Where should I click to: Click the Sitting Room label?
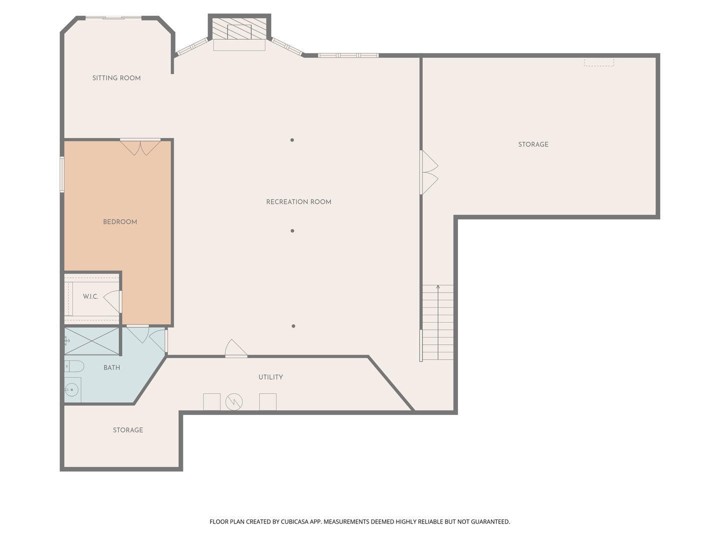click(116, 78)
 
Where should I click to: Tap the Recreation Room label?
click(298, 202)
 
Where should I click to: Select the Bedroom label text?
click(120, 222)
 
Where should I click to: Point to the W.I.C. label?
click(90, 296)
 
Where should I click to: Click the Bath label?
click(112, 368)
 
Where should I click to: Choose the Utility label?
click(270, 377)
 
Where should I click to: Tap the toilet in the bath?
click(74, 366)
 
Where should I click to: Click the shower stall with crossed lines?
click(92, 341)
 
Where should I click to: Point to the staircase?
click(438, 322)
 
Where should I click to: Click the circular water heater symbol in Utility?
click(234, 401)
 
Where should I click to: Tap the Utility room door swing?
click(236, 348)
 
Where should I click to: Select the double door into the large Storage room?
click(429, 172)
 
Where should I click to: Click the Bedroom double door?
click(140, 147)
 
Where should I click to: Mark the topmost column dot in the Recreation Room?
click(292, 140)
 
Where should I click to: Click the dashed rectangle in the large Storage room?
click(598, 62)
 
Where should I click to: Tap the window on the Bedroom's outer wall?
click(61, 174)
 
